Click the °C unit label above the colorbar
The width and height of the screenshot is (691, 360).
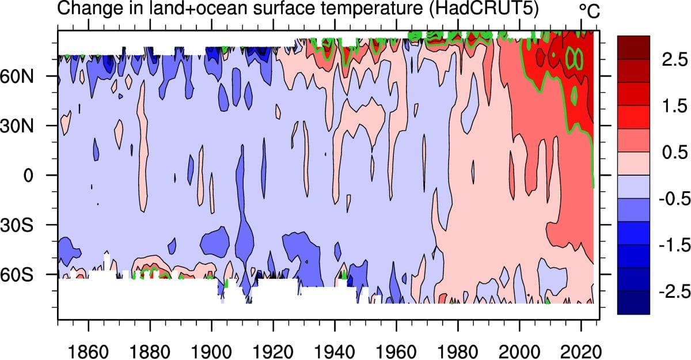(589, 10)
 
